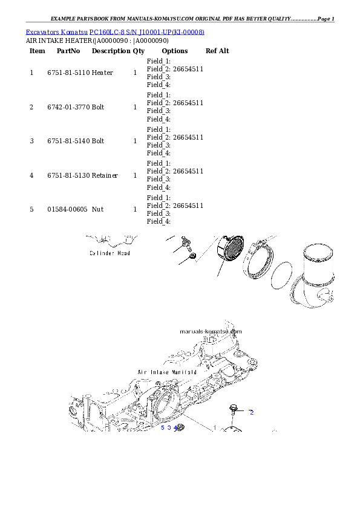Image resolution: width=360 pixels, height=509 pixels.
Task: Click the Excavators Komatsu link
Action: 56,32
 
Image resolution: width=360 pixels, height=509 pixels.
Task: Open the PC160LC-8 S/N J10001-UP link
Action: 147,32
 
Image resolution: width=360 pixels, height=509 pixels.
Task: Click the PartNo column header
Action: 68,51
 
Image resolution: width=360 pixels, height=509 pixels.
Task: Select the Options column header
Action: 175,51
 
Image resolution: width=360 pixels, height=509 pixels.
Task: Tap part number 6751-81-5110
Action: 68,73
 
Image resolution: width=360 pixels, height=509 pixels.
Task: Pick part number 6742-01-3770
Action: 68,107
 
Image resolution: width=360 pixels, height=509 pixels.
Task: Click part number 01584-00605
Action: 67,209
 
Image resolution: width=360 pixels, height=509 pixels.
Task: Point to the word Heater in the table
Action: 102,73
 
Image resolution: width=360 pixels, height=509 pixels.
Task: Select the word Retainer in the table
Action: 105,175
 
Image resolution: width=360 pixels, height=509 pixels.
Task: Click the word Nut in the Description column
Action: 97,209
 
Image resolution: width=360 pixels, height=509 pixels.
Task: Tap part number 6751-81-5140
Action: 68,141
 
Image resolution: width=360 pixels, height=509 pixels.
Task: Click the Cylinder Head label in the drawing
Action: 110,253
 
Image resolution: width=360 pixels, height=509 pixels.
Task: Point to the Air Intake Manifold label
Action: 167,372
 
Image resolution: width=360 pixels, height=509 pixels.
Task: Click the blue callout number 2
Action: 252,413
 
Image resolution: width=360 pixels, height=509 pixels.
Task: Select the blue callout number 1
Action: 215,428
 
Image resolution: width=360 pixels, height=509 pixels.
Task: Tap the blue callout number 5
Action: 163,428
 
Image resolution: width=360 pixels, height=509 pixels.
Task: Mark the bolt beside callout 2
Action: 234,410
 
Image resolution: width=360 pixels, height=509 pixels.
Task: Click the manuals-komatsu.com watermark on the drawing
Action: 211,332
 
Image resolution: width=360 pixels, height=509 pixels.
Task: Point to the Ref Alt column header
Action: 217,51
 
